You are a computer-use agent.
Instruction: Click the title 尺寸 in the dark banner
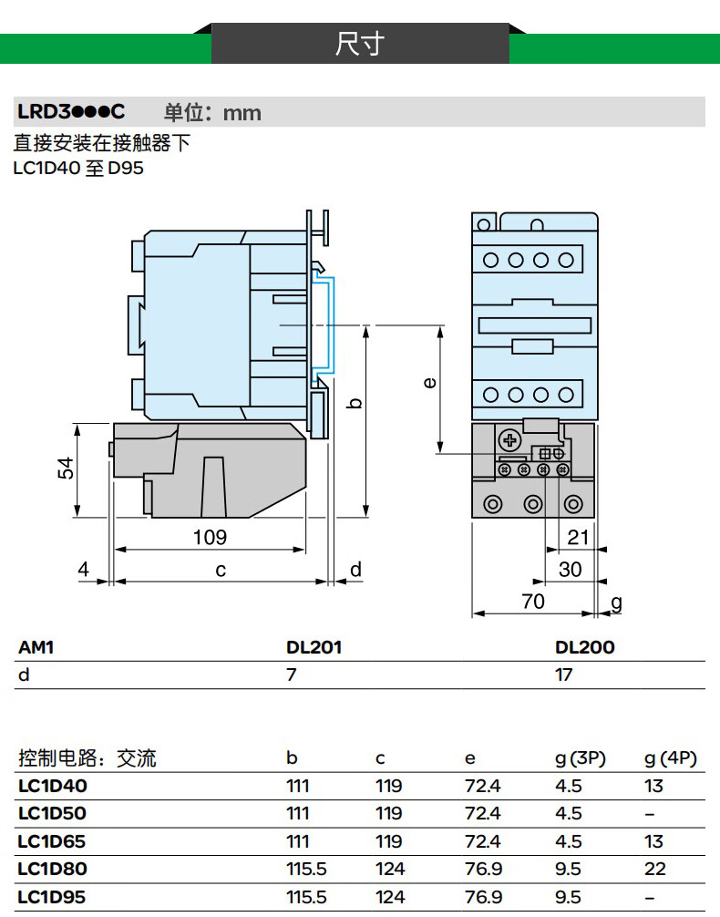pyautogui.click(x=360, y=44)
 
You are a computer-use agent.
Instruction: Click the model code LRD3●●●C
pyautogui.click(x=70, y=112)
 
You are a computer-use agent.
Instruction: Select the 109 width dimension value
pyautogui.click(x=209, y=537)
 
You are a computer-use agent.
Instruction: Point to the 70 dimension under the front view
pyautogui.click(x=532, y=601)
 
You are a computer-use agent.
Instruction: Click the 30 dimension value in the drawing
pyautogui.click(x=570, y=569)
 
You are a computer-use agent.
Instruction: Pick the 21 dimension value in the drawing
pyautogui.click(x=579, y=537)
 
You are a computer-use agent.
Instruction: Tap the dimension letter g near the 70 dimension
pyautogui.click(x=616, y=602)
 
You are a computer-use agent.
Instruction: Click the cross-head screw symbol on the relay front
pyautogui.click(x=509, y=441)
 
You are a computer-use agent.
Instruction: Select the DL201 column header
pyautogui.click(x=314, y=647)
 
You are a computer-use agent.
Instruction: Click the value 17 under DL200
pyautogui.click(x=564, y=675)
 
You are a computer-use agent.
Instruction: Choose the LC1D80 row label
pyautogui.click(x=52, y=869)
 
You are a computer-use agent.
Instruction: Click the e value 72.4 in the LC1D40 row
pyautogui.click(x=483, y=786)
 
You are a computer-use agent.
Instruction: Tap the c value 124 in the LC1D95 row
pyautogui.click(x=389, y=897)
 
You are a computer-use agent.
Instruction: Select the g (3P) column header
pyautogui.click(x=581, y=758)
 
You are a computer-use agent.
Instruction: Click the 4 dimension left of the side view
pyautogui.click(x=84, y=570)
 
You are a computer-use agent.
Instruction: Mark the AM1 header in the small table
pyautogui.click(x=36, y=647)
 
